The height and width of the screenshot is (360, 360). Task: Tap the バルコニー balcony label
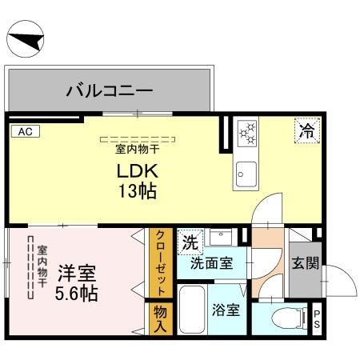coord(110,90)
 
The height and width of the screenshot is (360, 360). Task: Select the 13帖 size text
coord(138,191)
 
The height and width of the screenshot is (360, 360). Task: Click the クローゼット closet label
coord(160,262)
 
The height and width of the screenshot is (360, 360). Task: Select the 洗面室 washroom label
coord(211,263)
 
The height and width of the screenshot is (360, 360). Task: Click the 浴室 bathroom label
coord(226,310)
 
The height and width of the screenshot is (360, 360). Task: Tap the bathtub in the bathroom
coord(192,315)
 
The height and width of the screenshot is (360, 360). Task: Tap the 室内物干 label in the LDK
coord(138,148)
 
